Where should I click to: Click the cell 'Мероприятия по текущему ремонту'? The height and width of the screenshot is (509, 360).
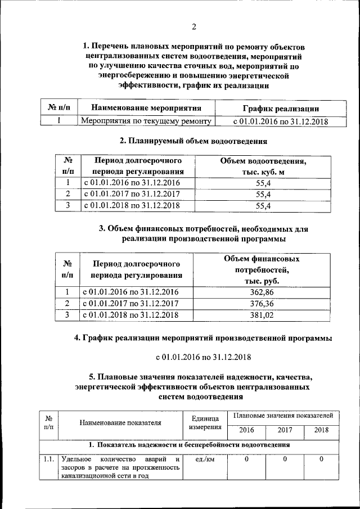pos(146,121)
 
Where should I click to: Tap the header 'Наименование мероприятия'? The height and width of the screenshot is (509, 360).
pos(146,109)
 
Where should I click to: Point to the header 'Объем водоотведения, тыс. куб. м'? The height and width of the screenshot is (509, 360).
pos(263,166)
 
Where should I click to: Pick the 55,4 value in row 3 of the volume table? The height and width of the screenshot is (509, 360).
pos(263,206)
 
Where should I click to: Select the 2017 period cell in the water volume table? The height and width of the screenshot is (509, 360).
pos(132,194)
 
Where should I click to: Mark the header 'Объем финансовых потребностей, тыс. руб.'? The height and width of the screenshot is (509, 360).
pos(262,269)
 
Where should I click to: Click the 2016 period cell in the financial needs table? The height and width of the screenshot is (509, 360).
pos(132,292)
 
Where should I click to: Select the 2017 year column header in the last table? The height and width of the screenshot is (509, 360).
pos(285,430)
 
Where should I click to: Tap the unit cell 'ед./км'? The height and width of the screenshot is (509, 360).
pos(204,460)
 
